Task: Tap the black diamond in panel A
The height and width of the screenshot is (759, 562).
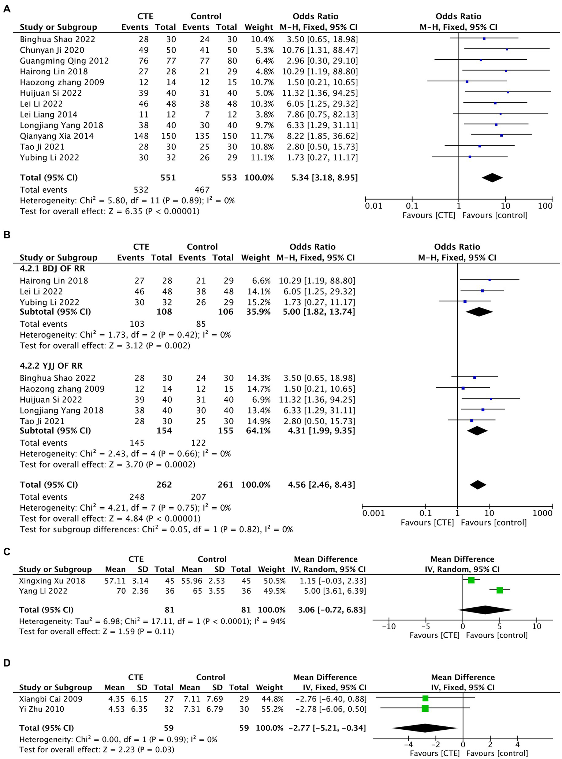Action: pyautogui.click(x=492, y=177)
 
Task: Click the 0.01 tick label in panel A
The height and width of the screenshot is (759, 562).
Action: pyautogui.click(x=373, y=206)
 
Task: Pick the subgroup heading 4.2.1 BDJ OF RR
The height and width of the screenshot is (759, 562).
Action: pyautogui.click(x=52, y=269)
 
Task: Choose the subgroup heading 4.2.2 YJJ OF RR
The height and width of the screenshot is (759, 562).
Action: pyautogui.click(x=51, y=366)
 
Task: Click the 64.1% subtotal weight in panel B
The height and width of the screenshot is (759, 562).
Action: pyautogui.click(x=256, y=431)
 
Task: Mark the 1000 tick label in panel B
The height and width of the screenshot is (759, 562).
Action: pyautogui.click(x=543, y=513)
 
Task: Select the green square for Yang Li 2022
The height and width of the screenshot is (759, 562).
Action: pyautogui.click(x=500, y=590)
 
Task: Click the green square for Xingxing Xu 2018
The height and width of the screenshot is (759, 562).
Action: pyautogui.click(x=471, y=580)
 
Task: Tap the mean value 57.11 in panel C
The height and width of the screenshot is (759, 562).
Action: pyautogui.click(x=115, y=581)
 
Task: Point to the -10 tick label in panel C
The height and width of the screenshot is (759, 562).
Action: pyautogui.click(x=388, y=626)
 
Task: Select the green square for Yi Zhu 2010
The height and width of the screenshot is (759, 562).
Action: pyautogui.click(x=425, y=708)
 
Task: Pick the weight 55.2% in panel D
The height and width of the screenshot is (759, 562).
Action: pyautogui.click(x=270, y=709)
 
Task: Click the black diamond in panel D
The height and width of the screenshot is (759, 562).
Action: pyautogui.click(x=425, y=727)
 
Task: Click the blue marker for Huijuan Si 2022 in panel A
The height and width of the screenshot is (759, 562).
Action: pyautogui.click(x=508, y=93)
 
